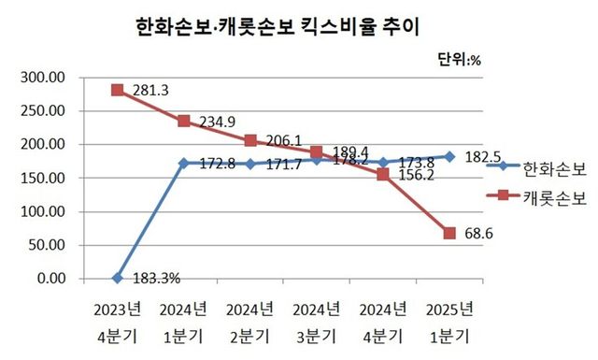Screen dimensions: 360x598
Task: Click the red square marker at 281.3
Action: pos(118,90)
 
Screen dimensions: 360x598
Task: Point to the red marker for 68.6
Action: pos(450,233)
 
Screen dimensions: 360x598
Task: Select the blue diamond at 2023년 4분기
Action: pos(118,278)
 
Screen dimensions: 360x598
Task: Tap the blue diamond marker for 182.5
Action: pos(450,156)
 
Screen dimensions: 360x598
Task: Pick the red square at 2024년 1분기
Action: pos(184,121)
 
